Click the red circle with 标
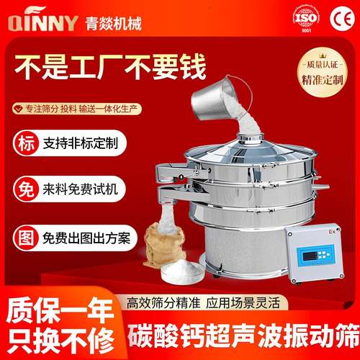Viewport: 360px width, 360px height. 23,141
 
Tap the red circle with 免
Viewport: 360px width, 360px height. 23,189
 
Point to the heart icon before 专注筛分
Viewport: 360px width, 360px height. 19,109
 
